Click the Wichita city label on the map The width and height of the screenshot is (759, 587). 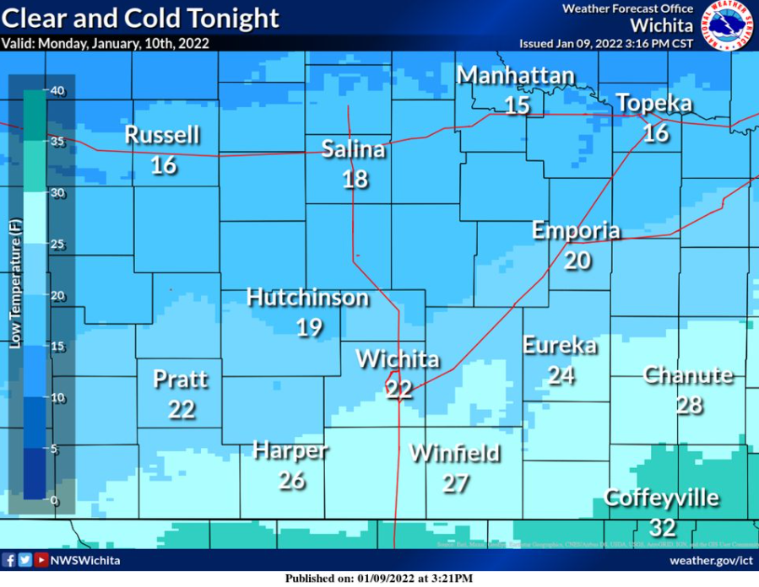click(398, 359)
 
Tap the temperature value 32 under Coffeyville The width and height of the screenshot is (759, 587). click(663, 528)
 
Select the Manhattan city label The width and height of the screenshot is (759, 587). click(516, 76)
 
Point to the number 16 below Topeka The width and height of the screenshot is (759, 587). click(655, 133)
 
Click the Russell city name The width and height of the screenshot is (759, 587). click(162, 135)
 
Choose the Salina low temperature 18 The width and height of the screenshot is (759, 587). click(355, 179)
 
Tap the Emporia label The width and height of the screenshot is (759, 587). click(576, 231)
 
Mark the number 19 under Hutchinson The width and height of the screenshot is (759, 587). click(309, 327)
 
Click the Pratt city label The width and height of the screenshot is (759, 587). click(180, 379)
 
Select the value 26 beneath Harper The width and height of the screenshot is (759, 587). click(291, 482)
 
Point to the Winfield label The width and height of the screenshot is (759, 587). click(454, 453)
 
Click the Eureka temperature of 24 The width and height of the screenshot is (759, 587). click(561, 375)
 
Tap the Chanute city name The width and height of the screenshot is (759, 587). click(688, 374)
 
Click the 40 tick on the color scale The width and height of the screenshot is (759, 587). click(57, 92)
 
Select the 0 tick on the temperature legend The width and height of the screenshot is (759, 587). click(54, 500)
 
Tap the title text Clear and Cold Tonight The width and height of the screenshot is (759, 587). click(140, 18)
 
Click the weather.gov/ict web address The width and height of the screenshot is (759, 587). click(711, 560)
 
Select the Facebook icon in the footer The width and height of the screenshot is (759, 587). click(10, 560)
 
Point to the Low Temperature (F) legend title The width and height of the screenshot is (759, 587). click(15, 283)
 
